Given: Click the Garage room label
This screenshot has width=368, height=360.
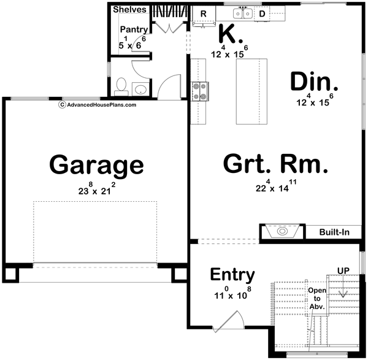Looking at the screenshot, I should (96, 165).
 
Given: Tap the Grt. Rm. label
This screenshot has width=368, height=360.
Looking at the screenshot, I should (276, 164).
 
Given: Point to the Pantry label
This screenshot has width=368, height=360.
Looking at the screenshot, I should (133, 29).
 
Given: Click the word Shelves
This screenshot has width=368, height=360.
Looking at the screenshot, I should (129, 9).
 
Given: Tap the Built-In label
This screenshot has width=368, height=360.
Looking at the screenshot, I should (335, 232).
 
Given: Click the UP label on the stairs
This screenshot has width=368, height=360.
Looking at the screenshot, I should (343, 270).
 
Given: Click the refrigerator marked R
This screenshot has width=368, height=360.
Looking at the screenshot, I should (203, 13).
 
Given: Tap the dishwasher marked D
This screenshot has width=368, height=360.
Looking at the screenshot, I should (261, 13).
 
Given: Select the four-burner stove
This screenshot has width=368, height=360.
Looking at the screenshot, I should (199, 91).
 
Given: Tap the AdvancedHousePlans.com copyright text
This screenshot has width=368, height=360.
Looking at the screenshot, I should (98, 104).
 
